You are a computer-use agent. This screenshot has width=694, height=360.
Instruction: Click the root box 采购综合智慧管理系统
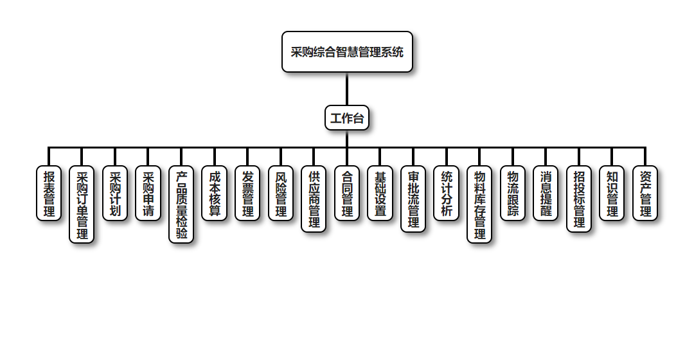point(347,51)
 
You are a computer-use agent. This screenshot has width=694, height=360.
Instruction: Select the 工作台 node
point(347,118)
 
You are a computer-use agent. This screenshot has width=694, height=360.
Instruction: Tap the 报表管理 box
point(49,193)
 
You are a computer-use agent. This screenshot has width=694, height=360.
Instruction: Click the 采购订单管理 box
point(82,204)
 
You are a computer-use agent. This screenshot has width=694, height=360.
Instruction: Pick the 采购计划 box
point(115,193)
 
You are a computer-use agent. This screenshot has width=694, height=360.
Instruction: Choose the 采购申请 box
point(148,193)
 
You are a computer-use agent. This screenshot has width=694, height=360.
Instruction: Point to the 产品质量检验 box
point(181,204)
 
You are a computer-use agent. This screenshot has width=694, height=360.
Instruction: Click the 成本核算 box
point(215,193)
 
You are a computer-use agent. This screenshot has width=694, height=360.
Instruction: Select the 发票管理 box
point(247,193)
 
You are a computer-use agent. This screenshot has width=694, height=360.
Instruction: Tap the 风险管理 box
point(281,193)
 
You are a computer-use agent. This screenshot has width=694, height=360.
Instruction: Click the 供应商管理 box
point(314,199)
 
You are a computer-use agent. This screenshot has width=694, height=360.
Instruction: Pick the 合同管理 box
point(347,193)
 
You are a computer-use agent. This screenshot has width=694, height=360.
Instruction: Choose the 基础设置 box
point(380,193)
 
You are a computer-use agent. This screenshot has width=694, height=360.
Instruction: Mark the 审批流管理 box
point(413,199)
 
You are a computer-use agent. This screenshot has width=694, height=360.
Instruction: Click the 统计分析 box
point(447,193)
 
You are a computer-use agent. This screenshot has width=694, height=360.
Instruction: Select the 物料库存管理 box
point(479,204)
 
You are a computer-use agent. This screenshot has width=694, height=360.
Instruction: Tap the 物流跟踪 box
point(513,193)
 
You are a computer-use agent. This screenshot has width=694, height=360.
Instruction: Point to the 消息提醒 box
point(546,193)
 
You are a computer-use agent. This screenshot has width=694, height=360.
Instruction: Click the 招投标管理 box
point(579,199)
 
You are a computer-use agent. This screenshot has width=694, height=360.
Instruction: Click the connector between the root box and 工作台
point(347,89)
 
